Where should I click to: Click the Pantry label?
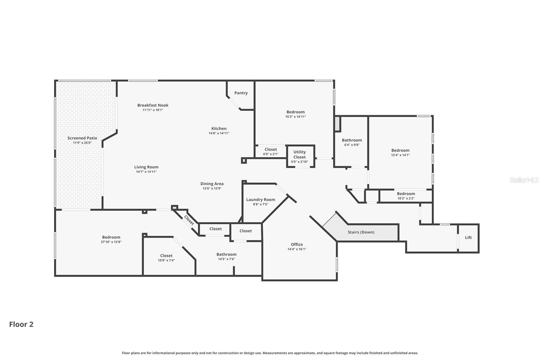pyautogui.click(x=241, y=93)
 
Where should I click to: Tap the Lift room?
pyautogui.click(x=468, y=238)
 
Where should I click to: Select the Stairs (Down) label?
pyautogui.click(x=361, y=232)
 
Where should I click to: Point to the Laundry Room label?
pyautogui.click(x=261, y=200)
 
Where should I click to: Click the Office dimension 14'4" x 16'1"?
pyautogui.click(x=297, y=249)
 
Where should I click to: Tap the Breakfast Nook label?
pyautogui.click(x=153, y=105)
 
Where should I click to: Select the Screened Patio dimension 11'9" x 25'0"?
pyautogui.click(x=82, y=143)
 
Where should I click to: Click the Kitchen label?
pyautogui.click(x=219, y=128)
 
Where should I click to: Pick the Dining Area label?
pyautogui.click(x=212, y=184)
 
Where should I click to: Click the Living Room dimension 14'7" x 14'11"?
pyautogui.click(x=146, y=172)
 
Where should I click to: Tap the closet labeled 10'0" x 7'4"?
pyautogui.click(x=166, y=258)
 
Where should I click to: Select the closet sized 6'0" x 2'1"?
pyautogui.click(x=271, y=152)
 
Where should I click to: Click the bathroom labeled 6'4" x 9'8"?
pyautogui.click(x=352, y=142)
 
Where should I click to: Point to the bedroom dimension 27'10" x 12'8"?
pyautogui.click(x=111, y=242)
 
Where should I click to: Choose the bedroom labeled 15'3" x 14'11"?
pyautogui.click(x=295, y=114)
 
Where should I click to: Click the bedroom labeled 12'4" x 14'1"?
pyautogui.click(x=400, y=153)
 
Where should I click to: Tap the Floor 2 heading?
pyautogui.click(x=21, y=325)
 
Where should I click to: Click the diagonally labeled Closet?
pyautogui.click(x=189, y=221)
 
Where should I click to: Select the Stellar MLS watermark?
pyautogui.click(x=524, y=180)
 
